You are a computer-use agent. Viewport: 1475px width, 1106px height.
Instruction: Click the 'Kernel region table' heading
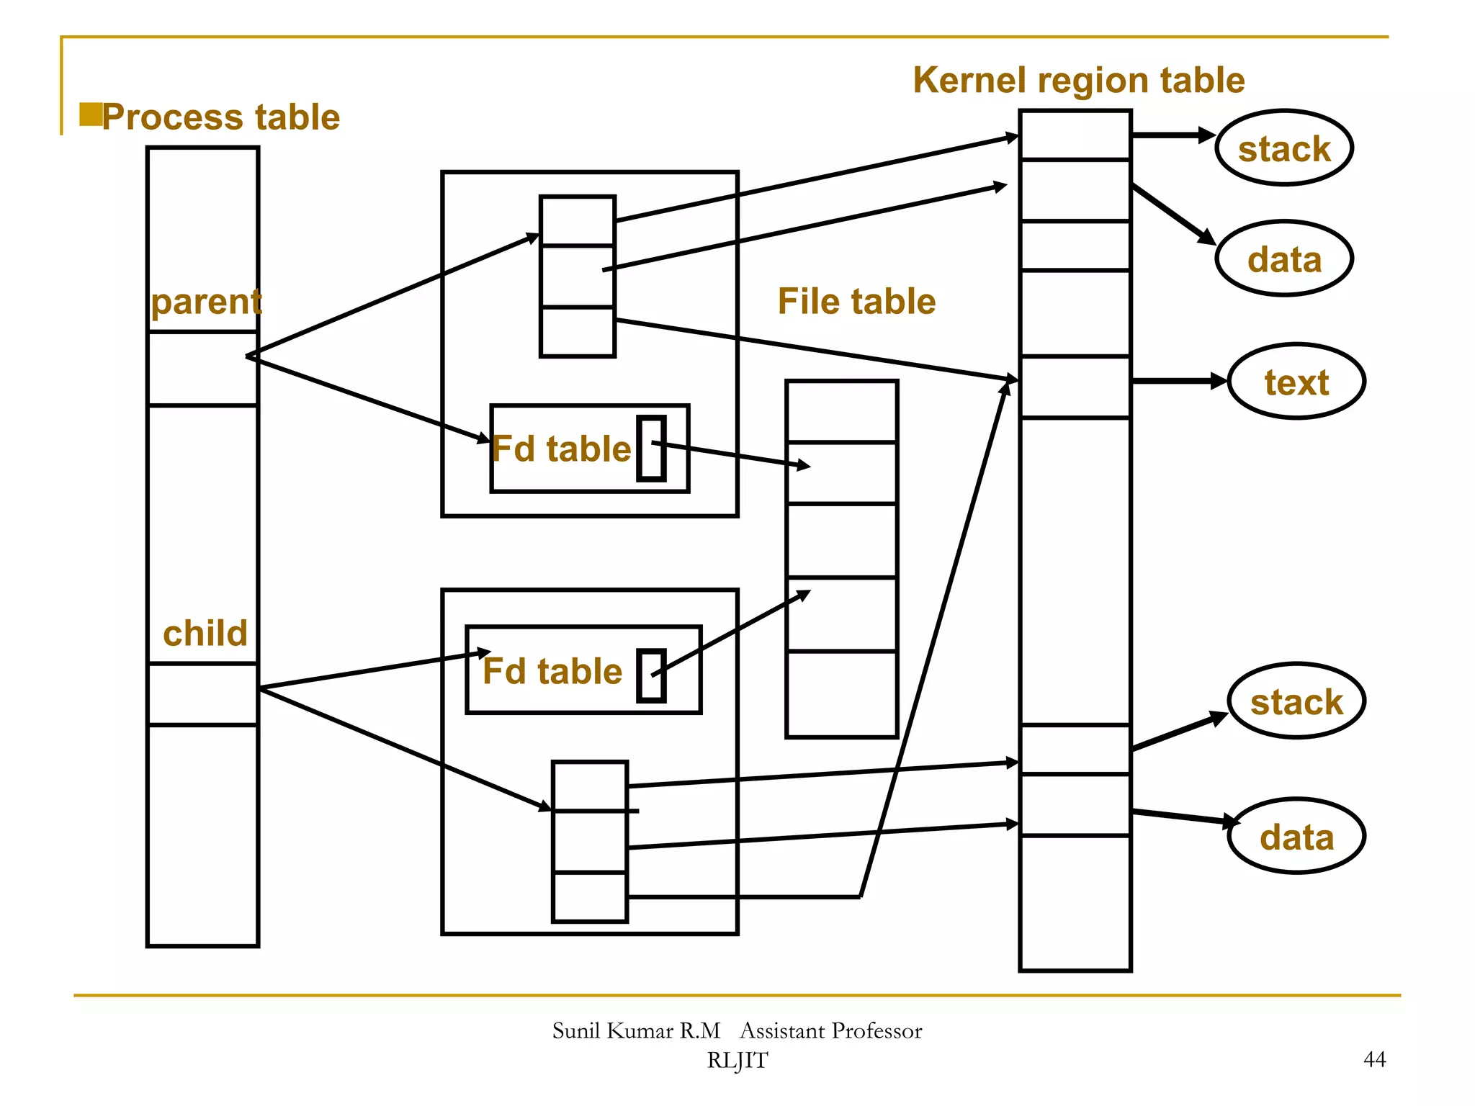coord(1078,81)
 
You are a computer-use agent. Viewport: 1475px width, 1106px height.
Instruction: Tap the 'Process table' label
coord(220,117)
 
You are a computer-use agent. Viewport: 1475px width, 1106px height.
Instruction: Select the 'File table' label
coord(856,301)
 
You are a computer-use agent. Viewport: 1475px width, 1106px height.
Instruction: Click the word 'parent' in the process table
coord(205,302)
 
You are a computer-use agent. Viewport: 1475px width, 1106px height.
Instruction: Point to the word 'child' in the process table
coord(205,634)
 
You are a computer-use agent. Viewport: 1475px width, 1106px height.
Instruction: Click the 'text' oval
coord(1296,382)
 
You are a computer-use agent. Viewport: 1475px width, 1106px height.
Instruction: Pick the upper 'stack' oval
coord(1284,148)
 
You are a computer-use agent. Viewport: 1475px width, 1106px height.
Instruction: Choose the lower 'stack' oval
coord(1296,701)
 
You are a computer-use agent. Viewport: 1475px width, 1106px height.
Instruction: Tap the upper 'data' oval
coord(1284,259)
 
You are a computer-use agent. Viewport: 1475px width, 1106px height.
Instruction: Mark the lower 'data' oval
coord(1296,837)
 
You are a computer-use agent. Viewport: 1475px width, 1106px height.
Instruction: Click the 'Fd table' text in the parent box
coord(562,449)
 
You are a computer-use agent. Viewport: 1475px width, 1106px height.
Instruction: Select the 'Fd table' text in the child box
coord(552,671)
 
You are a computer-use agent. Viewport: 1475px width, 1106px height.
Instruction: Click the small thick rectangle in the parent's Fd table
coord(651,449)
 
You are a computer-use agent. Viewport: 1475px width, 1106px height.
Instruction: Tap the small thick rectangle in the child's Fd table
coord(651,675)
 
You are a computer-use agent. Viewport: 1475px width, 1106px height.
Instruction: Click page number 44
coord(1374,1059)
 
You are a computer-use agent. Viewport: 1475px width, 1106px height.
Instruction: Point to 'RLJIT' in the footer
coord(737,1061)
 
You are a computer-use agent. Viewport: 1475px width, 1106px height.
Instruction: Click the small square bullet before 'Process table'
coord(90,114)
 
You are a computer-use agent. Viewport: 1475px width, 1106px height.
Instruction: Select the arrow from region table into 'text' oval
coord(1180,381)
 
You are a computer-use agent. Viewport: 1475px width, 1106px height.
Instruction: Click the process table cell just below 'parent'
coord(202,369)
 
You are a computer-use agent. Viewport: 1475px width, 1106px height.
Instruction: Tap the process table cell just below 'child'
coord(202,694)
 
